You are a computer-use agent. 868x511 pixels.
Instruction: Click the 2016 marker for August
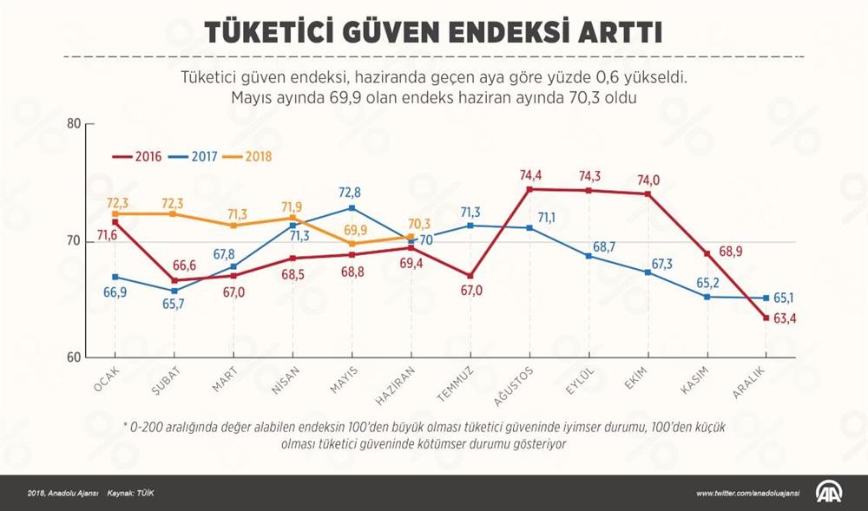pyautogui.click(x=529, y=188)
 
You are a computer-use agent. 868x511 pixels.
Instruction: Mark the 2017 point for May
pyautogui.click(x=352, y=208)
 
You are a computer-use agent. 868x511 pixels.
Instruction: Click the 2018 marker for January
pyautogui.click(x=115, y=213)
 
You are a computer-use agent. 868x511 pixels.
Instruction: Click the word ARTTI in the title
pyautogui.click(x=615, y=32)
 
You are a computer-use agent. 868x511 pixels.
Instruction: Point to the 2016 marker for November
pyautogui.click(x=707, y=253)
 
